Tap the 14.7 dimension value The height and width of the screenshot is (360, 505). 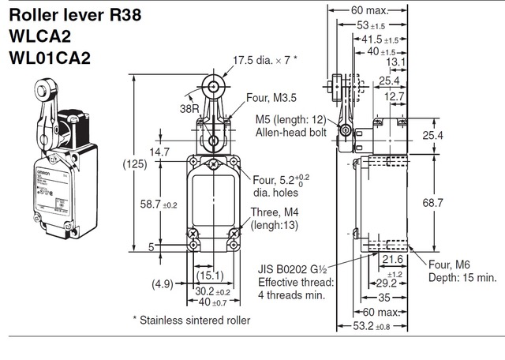pos(160,152)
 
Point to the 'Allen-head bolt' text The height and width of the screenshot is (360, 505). pos(290,133)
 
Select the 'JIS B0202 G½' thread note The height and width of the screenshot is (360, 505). pos(296,269)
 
